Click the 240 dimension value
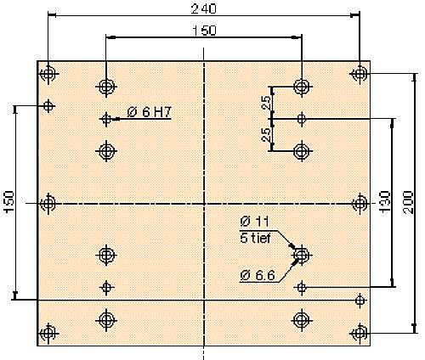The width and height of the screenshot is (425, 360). click(x=204, y=8)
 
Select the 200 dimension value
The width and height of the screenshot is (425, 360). click(x=408, y=203)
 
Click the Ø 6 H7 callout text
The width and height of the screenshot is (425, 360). click(x=150, y=112)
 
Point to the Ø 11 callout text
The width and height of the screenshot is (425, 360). click(x=254, y=222)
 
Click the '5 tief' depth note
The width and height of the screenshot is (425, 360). click(x=255, y=239)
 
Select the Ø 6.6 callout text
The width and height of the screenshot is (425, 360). click(x=258, y=275)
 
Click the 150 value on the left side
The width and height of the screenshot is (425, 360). click(x=9, y=202)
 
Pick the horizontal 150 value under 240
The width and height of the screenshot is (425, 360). click(x=204, y=31)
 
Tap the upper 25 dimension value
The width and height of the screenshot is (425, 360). click(x=266, y=103)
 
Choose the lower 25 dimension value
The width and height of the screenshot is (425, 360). click(x=266, y=135)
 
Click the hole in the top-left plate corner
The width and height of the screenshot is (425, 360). click(x=48, y=74)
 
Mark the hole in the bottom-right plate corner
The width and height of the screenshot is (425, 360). click(x=360, y=334)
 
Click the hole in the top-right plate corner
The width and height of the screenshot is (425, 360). click(x=360, y=74)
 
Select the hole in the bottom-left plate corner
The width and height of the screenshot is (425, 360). click(x=48, y=334)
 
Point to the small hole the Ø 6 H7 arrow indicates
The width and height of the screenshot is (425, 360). click(x=106, y=119)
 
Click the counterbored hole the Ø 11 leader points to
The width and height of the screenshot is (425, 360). click(x=302, y=255)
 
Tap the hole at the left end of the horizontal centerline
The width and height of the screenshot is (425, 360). click(x=48, y=203)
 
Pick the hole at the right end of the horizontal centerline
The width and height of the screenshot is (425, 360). click(x=360, y=203)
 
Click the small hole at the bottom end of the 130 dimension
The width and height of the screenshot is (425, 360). click(x=302, y=288)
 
